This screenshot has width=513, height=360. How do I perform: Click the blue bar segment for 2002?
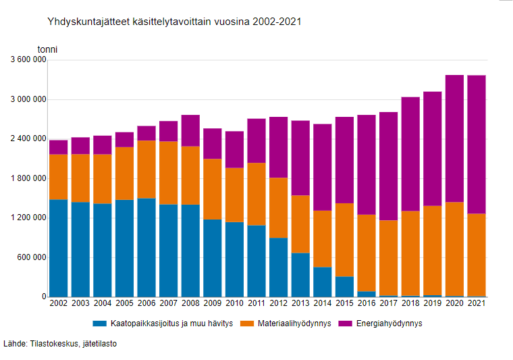coord(59,248)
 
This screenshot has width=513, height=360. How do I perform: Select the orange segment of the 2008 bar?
coord(190,175)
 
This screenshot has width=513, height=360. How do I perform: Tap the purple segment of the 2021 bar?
coord(477,145)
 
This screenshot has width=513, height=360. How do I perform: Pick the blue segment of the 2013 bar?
coord(300,274)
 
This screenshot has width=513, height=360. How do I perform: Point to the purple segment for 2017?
coord(388,166)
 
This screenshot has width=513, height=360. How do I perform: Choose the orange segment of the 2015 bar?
coord(344,240)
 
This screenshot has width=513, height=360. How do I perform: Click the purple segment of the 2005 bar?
coord(124,139)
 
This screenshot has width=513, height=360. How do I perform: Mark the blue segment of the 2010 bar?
coord(234,259)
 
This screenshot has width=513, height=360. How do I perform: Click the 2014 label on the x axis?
coord(323,304)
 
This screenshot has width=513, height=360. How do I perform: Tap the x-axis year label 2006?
coord(146,304)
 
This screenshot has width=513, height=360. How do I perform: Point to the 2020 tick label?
coord(454,304)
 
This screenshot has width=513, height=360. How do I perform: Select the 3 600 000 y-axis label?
coord(29,60)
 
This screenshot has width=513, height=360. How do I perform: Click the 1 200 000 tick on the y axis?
coord(29,217)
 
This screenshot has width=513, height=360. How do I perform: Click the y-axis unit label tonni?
coord(47,49)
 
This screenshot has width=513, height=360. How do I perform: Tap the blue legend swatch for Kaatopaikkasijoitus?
coord(100,324)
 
